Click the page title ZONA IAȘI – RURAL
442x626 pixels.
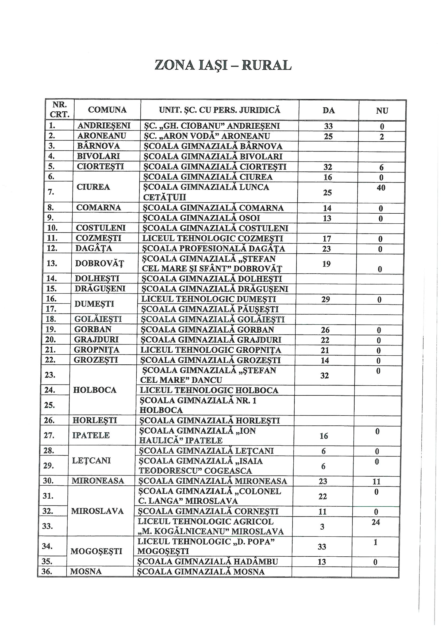coord(223,65)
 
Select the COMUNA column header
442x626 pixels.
coord(107,110)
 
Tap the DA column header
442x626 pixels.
coord(328,110)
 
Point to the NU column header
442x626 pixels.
coord(382,111)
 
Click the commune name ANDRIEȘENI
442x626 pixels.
coord(104,126)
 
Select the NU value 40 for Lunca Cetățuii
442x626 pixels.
coord(381,188)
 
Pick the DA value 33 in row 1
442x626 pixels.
coord(328,126)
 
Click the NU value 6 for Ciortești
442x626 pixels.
coord(381,167)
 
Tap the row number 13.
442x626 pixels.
coord(52,263)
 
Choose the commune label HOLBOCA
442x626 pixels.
coord(95,390)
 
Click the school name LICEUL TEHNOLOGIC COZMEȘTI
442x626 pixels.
coord(213,239)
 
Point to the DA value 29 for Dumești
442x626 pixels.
coord(325,299)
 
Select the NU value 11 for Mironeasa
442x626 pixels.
coord(376,481)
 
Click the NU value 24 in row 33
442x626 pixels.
coord(375,522)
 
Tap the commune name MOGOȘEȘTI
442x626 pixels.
coord(97,552)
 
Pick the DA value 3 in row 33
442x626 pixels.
coord(322,527)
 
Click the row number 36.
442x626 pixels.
coord(47,571)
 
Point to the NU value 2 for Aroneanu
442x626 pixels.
coord(382,137)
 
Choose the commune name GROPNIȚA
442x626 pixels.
coord(97,350)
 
